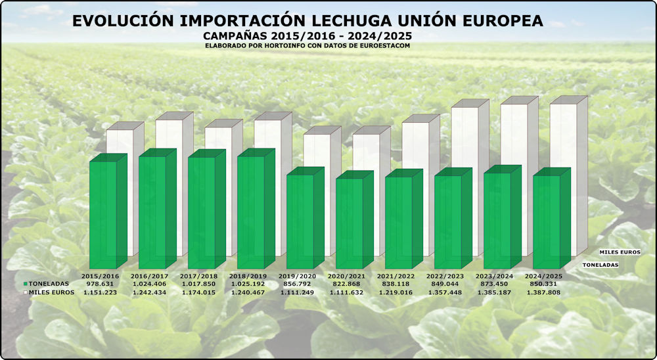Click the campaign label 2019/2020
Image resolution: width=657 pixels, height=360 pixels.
tap(298, 276)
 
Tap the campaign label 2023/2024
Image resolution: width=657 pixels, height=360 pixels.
tap(495, 276)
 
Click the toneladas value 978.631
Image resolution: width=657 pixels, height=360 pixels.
tap(101, 284)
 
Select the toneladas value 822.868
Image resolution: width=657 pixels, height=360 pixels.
tap(347, 284)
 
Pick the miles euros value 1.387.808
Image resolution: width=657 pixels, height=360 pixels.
tap(544, 292)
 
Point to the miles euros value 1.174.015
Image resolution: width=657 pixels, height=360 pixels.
tap(199, 292)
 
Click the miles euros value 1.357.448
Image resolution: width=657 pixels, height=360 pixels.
tap(445, 292)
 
